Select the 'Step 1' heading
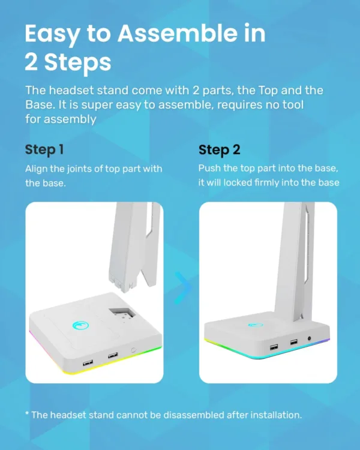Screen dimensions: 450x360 44,149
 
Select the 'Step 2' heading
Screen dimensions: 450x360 220,149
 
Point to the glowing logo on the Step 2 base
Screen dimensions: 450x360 254,325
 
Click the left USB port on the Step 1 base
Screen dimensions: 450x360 88,362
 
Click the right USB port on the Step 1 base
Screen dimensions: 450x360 112,356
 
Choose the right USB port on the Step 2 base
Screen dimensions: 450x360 293,341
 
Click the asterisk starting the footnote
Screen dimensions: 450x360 27,414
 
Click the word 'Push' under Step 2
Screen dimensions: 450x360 210,169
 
